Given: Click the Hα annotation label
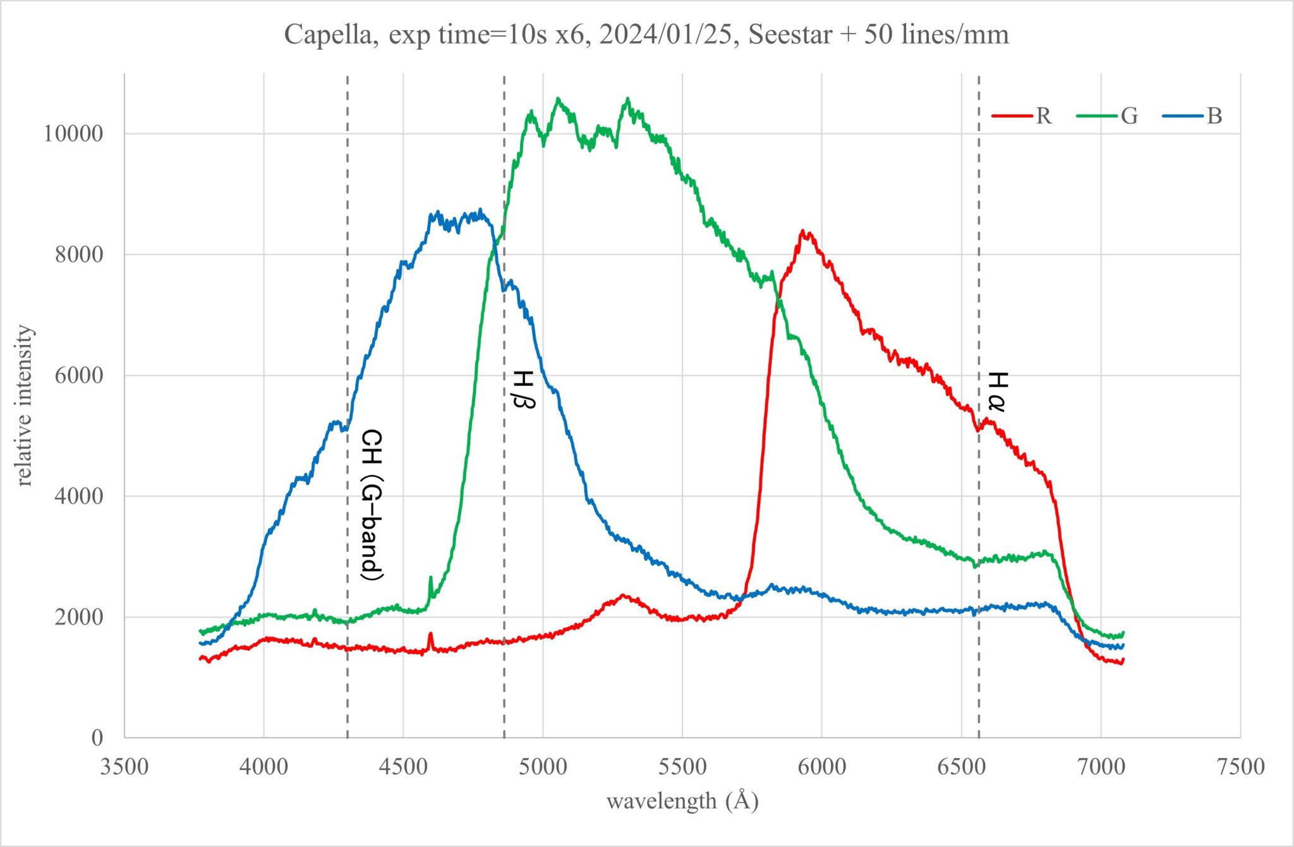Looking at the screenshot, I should click(996, 392).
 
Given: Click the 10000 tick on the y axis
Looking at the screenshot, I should click(73, 134).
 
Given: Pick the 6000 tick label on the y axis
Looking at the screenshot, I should click(78, 376).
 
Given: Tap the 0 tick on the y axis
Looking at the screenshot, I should click(97, 738).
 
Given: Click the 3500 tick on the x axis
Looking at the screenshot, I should click(124, 767).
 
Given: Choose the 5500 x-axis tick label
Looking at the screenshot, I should click(682, 767).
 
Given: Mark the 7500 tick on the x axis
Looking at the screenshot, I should click(1240, 767).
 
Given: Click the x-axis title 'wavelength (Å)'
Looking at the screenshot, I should click(682, 801).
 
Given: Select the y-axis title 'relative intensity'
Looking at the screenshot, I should click(24, 405).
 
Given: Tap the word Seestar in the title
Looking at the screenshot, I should click(790, 34).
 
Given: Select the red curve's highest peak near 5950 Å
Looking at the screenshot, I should click(803, 232).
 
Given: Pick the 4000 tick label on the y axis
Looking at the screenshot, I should click(78, 496).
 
